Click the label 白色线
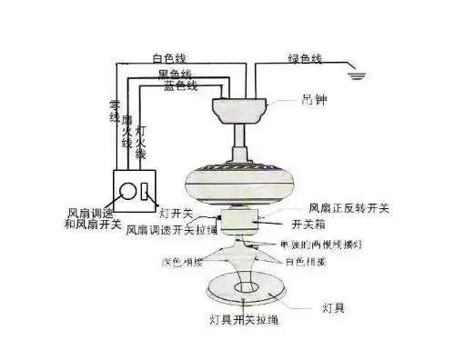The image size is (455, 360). tap(171, 60)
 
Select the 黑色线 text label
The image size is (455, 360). tap(176, 74)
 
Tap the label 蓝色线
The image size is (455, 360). tap(181, 86)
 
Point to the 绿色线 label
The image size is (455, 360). tap(304, 60)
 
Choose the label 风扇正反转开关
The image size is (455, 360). tap(349, 208)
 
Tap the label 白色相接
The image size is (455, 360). tap(306, 261)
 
